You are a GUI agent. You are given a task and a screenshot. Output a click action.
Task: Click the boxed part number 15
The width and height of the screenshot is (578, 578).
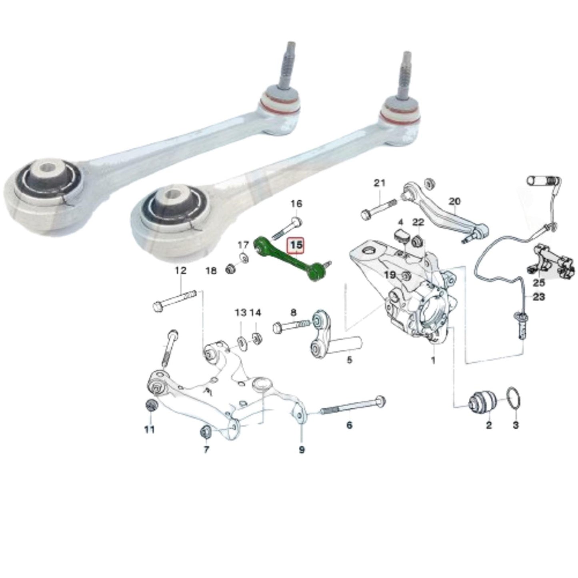coord(296,246)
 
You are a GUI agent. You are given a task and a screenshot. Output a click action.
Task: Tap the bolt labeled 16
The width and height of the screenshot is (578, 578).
coord(286,228)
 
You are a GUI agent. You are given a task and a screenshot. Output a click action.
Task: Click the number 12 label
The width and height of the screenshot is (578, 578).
coord(181,271)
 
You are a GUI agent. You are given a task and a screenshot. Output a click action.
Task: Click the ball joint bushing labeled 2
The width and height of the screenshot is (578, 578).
coord(482,402)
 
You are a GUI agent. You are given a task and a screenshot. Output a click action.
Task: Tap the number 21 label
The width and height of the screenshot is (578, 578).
coord(379,183)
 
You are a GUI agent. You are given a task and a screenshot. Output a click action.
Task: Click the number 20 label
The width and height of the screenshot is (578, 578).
coord(455,201)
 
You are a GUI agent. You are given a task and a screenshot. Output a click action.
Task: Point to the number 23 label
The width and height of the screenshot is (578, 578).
coord(539,297)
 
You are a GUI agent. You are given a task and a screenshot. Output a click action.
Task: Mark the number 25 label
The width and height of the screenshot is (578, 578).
coord(538,283)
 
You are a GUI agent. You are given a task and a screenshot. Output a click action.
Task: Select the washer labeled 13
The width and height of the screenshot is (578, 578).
coord(241,342)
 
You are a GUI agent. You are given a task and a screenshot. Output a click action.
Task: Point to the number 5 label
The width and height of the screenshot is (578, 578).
coord(349,360)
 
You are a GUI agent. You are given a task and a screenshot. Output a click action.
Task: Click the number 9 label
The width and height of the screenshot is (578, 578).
coord(302,450)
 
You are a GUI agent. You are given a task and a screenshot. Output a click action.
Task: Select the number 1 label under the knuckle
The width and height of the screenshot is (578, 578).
coord(433,361)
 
